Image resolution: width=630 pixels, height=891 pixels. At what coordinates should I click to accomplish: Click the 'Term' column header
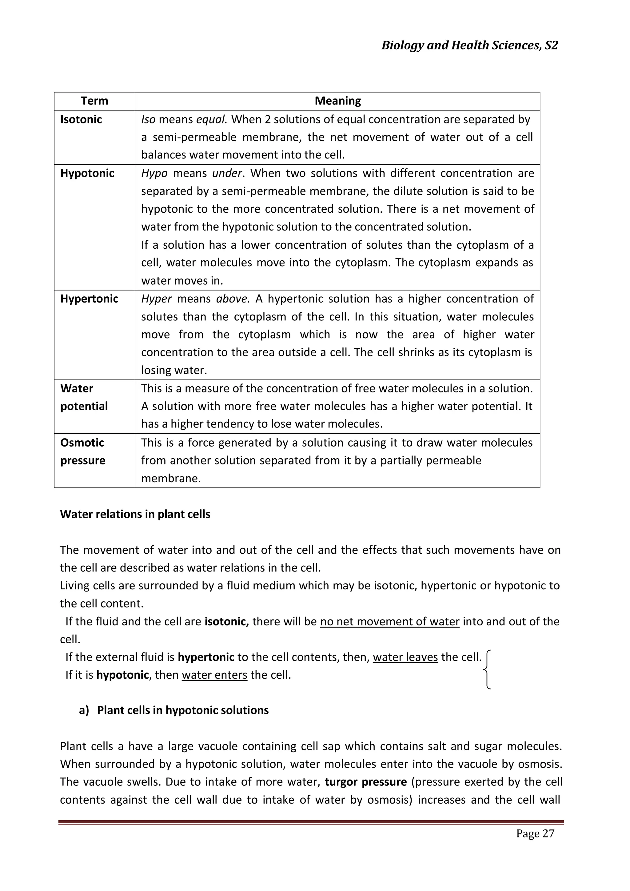tap(94, 101)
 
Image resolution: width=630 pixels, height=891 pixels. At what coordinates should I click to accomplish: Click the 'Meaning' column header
tap(337, 101)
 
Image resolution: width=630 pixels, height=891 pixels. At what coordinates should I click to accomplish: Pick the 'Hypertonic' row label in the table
tap(89, 299)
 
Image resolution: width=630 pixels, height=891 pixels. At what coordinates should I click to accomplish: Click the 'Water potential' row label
tap(84, 397)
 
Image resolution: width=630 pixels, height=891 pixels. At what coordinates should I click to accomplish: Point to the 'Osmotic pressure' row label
tap(83, 451)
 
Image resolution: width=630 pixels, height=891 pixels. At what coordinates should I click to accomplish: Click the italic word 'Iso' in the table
tap(148, 119)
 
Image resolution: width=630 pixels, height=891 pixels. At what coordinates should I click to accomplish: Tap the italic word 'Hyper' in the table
tap(156, 299)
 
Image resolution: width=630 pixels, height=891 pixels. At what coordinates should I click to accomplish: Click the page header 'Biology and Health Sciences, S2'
tap(469, 46)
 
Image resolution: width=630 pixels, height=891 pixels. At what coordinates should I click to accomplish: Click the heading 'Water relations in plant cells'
tap(135, 514)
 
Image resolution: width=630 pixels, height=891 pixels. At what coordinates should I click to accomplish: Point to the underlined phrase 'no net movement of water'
tap(389, 621)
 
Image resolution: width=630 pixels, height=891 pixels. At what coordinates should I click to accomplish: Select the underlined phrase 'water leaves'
tap(405, 657)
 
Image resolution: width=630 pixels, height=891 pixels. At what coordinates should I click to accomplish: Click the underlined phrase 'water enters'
tap(214, 675)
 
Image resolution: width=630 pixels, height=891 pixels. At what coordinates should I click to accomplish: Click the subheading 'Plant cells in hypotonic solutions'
tap(183, 710)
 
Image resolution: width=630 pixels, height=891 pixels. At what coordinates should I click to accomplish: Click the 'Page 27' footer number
tap(535, 833)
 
